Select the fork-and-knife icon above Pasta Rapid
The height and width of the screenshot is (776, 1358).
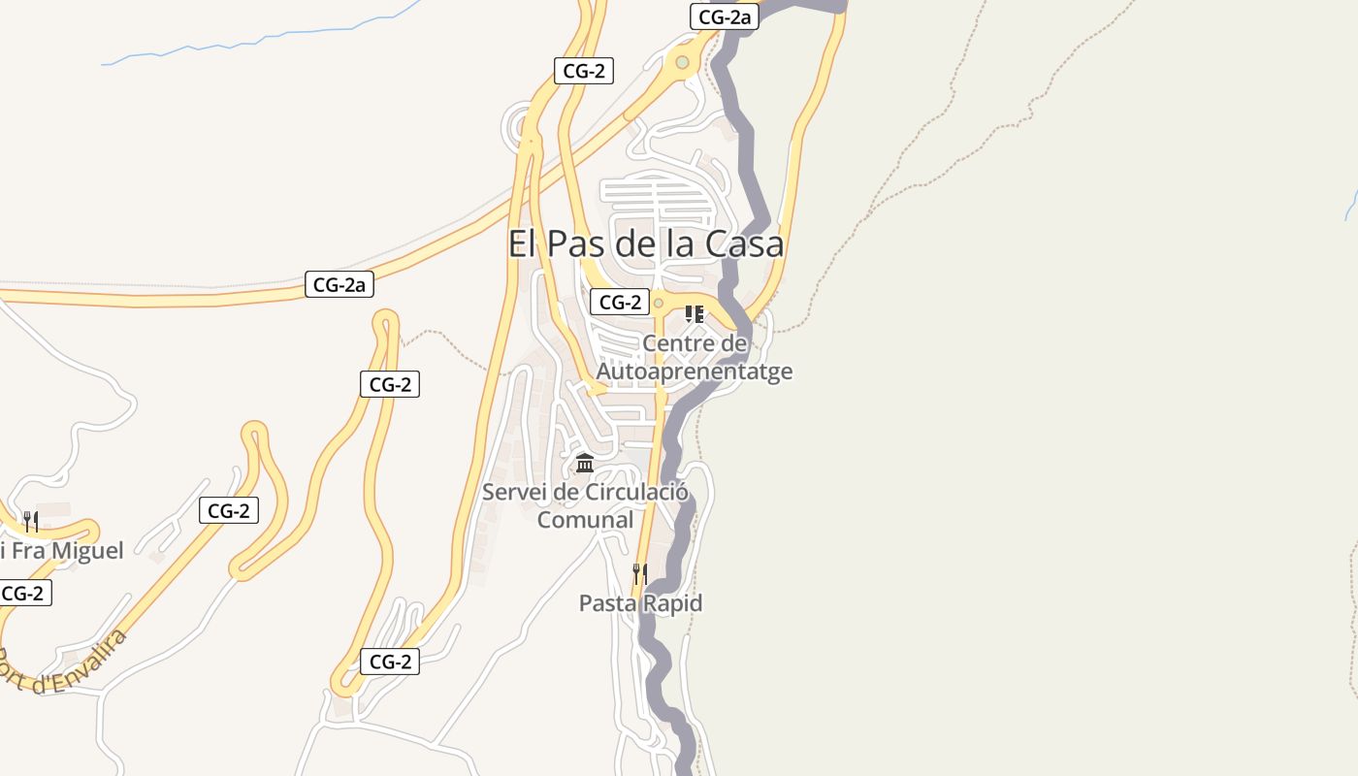[639, 574]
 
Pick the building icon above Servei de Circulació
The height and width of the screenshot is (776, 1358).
[585, 463]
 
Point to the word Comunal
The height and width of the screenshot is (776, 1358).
[585, 520]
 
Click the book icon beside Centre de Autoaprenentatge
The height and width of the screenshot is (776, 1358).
[694, 313]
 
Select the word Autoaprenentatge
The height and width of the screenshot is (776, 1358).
[694, 372]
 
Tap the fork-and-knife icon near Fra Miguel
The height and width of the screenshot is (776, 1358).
[31, 522]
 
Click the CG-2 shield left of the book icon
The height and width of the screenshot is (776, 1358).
[620, 302]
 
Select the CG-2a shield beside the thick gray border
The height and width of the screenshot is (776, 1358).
[724, 16]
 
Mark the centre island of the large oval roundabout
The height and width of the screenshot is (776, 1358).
[683, 63]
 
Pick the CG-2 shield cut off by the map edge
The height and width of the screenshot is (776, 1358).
[23, 593]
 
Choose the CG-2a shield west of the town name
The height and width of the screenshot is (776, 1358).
[339, 284]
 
